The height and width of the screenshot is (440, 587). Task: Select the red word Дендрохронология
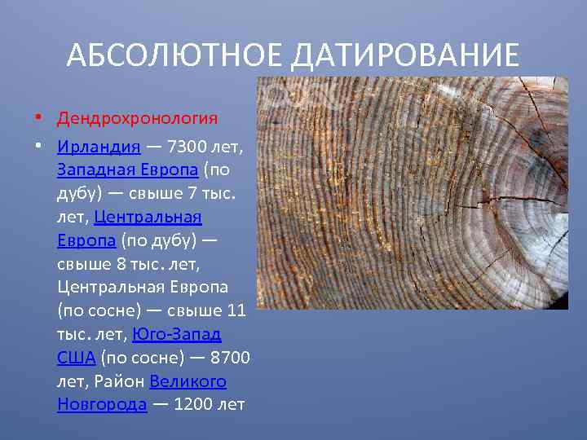click(137, 119)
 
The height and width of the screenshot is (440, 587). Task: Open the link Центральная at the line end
click(148, 218)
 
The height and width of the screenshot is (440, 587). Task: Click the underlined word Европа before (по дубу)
click(86, 241)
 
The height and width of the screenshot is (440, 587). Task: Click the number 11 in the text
click(236, 311)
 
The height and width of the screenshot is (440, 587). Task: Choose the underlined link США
click(77, 358)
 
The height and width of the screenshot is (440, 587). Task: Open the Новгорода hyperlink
click(102, 405)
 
